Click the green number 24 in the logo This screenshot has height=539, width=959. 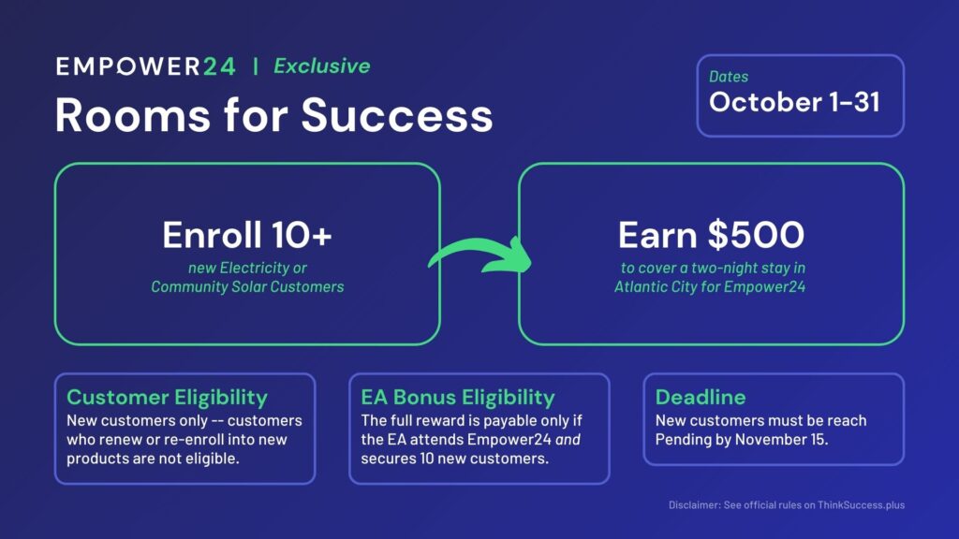click(219, 66)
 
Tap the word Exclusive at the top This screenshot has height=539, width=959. click(322, 66)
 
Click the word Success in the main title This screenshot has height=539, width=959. click(397, 115)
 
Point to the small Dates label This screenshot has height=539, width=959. click(729, 77)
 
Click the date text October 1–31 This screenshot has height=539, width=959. click(794, 102)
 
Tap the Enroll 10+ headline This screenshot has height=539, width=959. click(247, 235)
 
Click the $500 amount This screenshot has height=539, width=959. click(756, 235)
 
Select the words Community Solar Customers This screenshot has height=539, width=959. click(247, 286)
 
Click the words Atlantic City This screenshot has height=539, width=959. click(656, 286)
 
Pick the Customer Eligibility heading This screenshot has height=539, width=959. click(167, 397)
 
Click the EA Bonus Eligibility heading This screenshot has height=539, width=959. click(458, 397)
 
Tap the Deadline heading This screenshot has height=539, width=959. click(701, 397)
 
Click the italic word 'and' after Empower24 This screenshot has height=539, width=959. click(568, 440)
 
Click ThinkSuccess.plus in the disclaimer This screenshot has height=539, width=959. click(862, 504)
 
